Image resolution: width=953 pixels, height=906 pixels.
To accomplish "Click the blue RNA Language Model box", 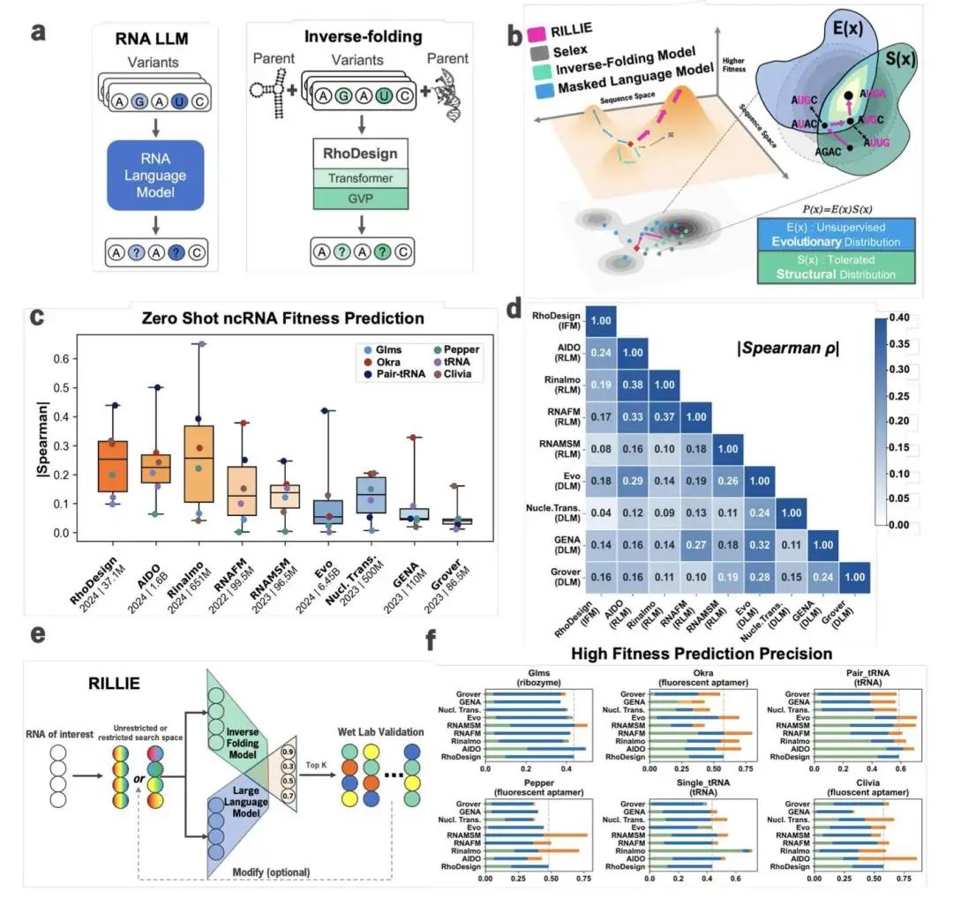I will [155, 177].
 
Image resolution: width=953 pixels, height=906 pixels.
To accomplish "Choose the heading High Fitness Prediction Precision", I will [701, 654].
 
